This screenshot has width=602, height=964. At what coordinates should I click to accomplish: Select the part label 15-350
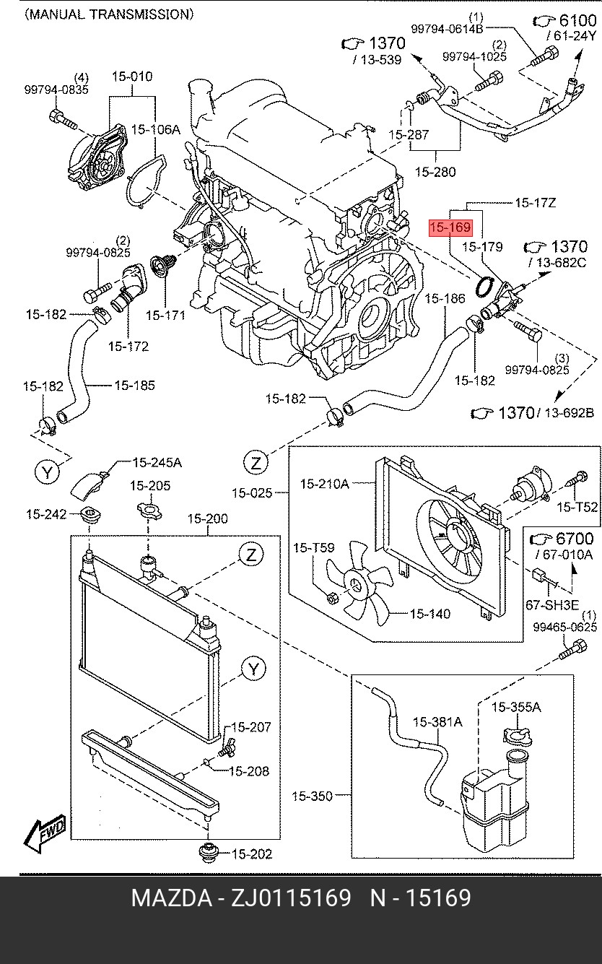tap(312, 796)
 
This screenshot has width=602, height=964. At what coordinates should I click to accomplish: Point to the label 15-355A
tap(515, 707)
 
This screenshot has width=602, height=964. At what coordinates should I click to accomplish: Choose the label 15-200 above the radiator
tap(207, 518)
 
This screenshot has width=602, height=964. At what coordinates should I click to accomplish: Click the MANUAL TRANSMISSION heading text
tap(109, 14)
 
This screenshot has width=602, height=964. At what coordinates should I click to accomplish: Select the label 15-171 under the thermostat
tap(165, 316)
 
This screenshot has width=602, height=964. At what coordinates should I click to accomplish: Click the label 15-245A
tap(157, 462)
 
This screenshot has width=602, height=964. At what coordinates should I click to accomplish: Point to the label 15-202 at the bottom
tap(252, 854)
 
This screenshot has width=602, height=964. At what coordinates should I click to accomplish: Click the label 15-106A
tap(155, 130)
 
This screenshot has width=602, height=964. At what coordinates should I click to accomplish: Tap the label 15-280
tap(435, 172)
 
